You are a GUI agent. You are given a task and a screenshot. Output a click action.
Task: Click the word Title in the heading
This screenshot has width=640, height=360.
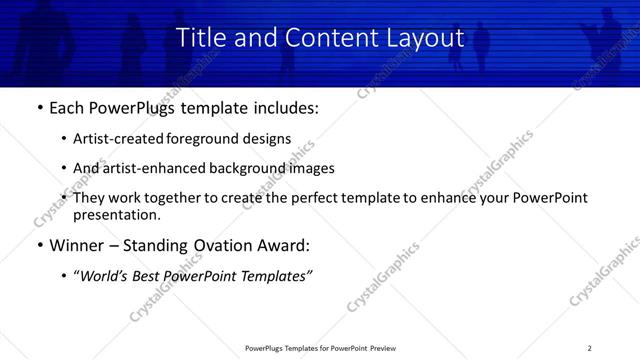coord(200,37)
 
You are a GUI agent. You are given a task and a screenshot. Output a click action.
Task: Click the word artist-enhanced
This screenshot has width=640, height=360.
coord(154,168)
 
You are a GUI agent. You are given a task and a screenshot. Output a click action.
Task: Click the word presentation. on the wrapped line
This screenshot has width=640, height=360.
coord(117,214)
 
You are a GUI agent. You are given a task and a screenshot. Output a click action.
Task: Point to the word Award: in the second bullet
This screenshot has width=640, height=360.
coord(282,246)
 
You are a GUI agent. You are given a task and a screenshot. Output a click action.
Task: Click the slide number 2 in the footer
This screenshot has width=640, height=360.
coord(589,348)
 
